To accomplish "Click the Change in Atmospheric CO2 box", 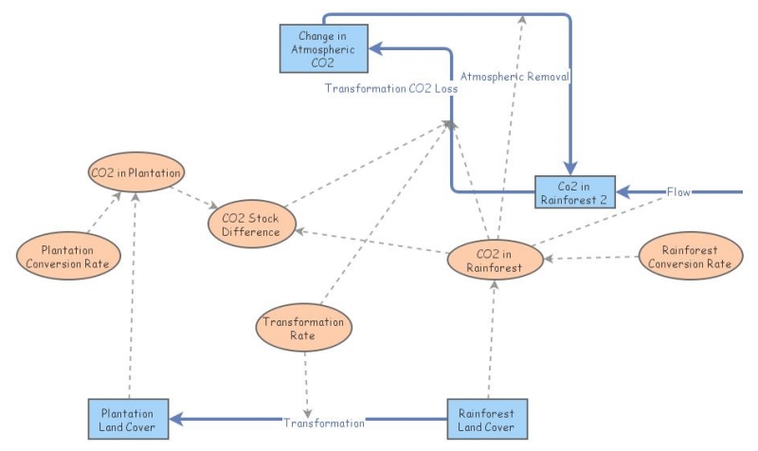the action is click(323, 49).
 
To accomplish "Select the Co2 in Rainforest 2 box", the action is click(575, 192).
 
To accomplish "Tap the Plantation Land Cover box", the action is click(128, 419).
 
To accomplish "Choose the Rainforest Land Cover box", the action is click(487, 419).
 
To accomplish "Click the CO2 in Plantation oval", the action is click(136, 172).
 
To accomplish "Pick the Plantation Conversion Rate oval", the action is click(68, 256).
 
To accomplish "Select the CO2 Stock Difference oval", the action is click(251, 225).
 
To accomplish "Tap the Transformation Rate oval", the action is click(303, 328).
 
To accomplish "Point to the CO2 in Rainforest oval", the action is click(495, 260).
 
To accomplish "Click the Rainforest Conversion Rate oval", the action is click(691, 256).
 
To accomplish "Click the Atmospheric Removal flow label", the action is click(514, 77).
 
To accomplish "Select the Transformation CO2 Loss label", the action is click(391, 88).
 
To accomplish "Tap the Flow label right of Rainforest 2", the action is click(678, 192).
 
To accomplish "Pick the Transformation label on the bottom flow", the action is click(324, 424).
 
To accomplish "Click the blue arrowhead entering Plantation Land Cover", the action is click(176, 419).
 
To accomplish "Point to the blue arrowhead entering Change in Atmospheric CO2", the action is click(375, 48).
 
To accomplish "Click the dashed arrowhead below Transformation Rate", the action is click(307, 413).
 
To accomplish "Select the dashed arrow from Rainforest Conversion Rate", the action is click(591, 258).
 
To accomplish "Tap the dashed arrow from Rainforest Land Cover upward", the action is click(491, 340).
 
